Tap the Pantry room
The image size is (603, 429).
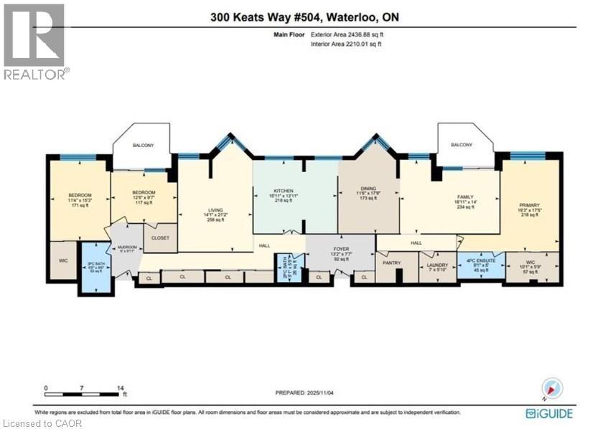[391, 263]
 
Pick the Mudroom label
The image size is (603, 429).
[126, 248]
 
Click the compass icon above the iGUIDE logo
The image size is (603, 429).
[552, 389]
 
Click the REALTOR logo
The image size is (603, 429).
[36, 41]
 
